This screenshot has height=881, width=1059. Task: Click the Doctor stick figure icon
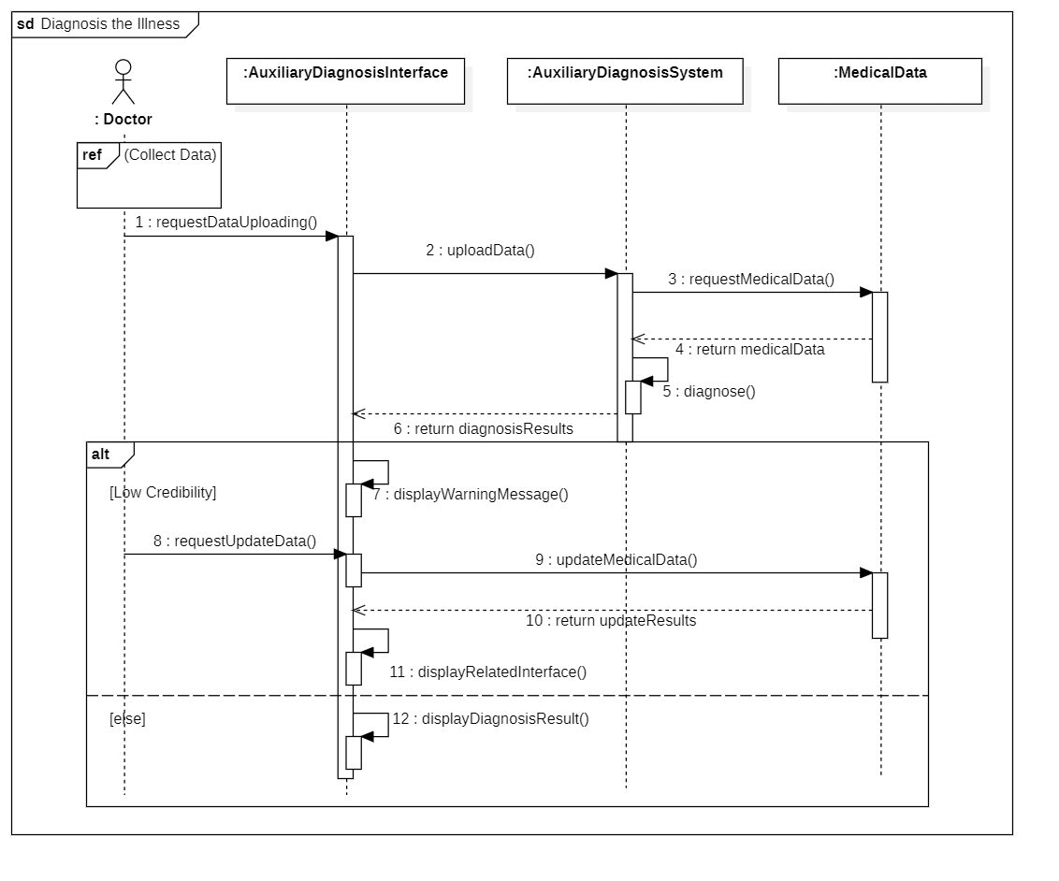(x=123, y=81)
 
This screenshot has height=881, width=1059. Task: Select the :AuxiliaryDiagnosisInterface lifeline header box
(x=345, y=81)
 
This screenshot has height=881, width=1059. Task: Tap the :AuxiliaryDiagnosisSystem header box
(x=625, y=81)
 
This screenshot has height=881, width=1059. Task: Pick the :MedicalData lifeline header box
(x=880, y=81)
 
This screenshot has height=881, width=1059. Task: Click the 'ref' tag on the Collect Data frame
(x=92, y=154)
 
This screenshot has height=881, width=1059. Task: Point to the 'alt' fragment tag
(x=101, y=455)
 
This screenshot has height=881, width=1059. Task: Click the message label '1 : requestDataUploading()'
(x=226, y=222)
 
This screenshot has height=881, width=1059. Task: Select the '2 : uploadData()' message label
(x=480, y=251)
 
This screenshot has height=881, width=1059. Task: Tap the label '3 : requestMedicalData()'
(x=751, y=280)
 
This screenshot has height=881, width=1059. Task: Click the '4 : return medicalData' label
(x=749, y=350)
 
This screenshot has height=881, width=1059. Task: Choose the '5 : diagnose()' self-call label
(x=709, y=392)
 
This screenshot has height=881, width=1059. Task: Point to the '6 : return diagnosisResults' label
(x=484, y=428)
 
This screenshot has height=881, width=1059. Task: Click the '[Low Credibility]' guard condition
(x=163, y=493)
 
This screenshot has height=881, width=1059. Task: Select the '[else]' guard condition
(x=127, y=719)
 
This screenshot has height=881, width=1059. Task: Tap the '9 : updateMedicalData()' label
(x=616, y=559)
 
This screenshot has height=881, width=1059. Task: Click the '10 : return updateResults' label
(x=611, y=620)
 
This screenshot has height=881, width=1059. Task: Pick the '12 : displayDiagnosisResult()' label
(x=490, y=719)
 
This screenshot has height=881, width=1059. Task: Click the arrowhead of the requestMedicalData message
(x=866, y=293)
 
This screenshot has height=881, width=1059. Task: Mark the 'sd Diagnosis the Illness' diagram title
(x=98, y=24)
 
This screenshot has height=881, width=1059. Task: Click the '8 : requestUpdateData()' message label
(x=235, y=542)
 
